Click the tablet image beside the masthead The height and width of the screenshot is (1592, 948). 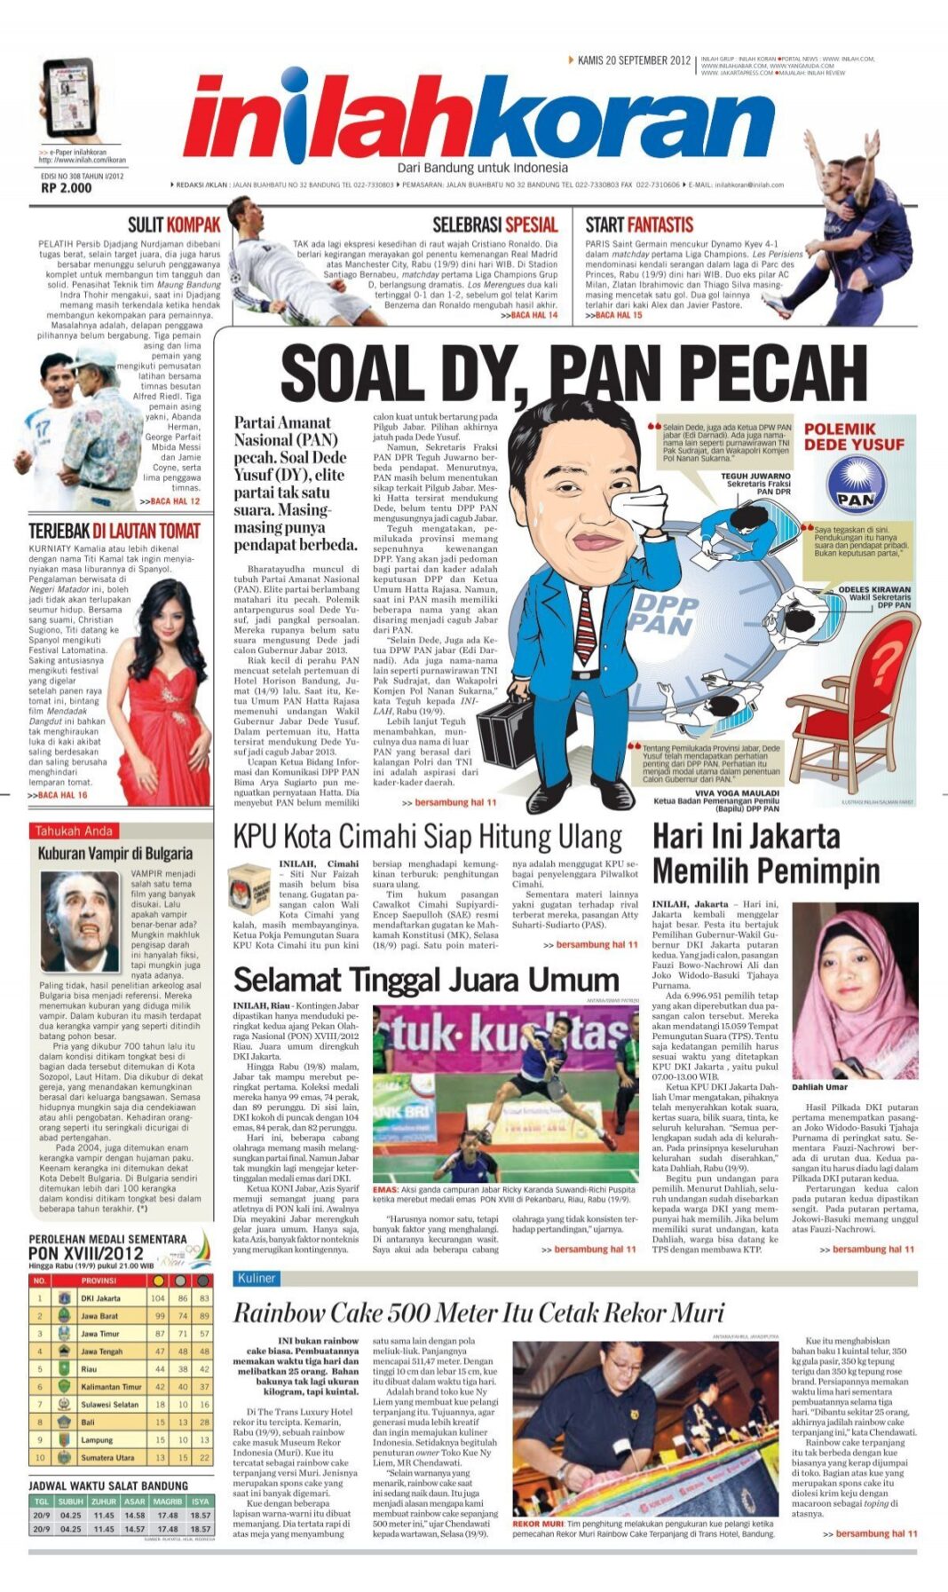(x=68, y=99)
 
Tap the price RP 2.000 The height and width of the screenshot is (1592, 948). (x=66, y=187)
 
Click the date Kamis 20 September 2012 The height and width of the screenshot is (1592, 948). (x=633, y=60)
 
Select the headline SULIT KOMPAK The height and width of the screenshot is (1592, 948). (x=173, y=225)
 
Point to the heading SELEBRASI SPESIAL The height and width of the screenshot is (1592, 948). (x=494, y=225)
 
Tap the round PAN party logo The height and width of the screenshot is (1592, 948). (x=856, y=485)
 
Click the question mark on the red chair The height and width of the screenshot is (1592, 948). (x=884, y=662)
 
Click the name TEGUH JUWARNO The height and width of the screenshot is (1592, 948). (x=754, y=476)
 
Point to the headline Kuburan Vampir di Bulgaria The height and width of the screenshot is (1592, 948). (x=115, y=853)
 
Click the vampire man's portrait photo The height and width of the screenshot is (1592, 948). (x=80, y=920)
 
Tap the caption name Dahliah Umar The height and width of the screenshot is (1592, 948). (x=819, y=1086)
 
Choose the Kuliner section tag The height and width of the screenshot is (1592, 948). (x=257, y=1278)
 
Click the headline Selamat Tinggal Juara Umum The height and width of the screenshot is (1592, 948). (x=425, y=980)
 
